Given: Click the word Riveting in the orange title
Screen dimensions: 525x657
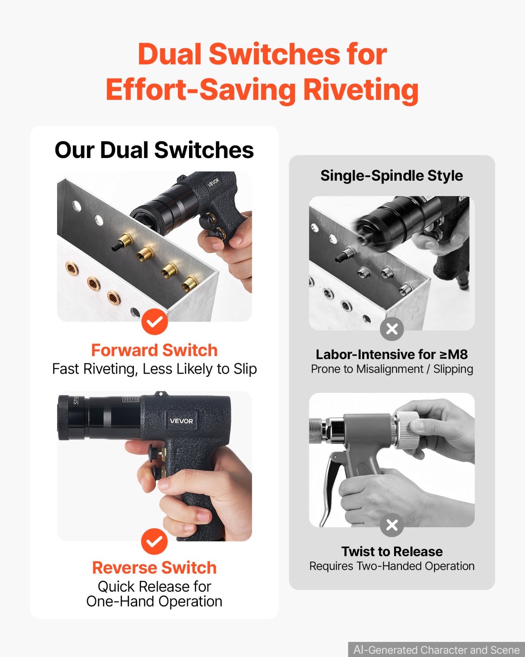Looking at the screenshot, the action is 361,90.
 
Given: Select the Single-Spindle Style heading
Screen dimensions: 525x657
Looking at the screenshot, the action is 392,176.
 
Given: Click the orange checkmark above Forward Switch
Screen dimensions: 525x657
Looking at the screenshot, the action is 154,322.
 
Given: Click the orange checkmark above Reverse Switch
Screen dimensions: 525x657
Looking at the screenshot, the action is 154,541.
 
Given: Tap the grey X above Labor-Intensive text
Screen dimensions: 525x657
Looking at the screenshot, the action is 392,329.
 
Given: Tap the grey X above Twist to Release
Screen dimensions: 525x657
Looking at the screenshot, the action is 392,525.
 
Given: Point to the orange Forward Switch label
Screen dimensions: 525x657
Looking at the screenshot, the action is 154,350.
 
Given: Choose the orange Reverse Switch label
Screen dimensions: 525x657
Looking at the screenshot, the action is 154,568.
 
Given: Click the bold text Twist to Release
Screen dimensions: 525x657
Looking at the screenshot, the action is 392,552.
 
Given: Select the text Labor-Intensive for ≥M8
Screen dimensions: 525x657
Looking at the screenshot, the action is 392,355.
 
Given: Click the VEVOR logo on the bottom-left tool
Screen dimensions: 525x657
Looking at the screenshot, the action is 181,421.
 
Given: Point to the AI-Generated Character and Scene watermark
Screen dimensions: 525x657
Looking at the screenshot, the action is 436,649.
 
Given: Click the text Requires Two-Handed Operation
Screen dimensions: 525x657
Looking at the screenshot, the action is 392,566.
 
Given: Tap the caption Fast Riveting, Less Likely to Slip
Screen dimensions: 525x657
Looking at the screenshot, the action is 154,369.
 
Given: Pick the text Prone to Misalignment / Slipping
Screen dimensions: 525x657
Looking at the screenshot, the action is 392,369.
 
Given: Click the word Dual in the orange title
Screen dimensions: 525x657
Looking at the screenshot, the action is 170,54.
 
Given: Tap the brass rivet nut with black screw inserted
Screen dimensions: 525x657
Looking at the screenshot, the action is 123,242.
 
